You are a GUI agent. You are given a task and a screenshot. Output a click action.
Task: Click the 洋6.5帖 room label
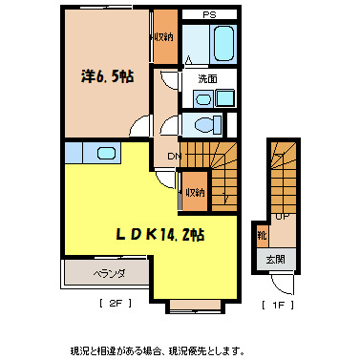[106, 77]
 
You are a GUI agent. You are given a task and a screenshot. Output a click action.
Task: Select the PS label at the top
[208, 14]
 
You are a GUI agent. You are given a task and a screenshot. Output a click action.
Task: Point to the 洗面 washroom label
[208, 77]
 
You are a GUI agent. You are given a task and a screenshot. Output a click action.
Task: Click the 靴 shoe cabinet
[262, 234]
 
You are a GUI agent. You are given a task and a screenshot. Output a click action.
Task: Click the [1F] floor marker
[276, 306]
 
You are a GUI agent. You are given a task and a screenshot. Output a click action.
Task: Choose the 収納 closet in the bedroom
[163, 37]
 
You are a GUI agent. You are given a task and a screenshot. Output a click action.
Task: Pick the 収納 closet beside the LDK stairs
[195, 193]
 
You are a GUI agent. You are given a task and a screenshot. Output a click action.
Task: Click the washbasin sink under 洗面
[203, 98]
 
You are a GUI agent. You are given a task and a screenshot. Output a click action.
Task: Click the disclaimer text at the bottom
[158, 350]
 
